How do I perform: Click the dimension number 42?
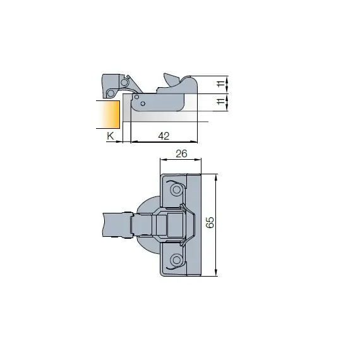click(x=164, y=136)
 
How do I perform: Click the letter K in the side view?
click(x=110, y=136)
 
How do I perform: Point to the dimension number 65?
click(x=211, y=224)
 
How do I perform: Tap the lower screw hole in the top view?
click(x=176, y=259)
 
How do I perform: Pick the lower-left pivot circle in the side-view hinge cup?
click(x=112, y=93)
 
